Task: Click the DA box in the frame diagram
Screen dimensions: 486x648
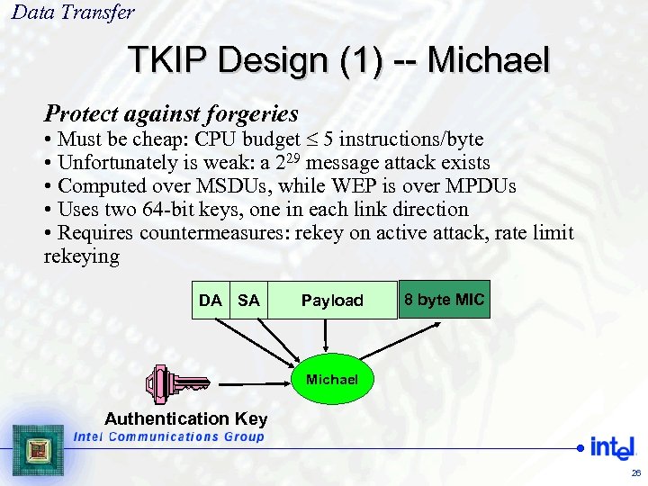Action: pyautogui.click(x=211, y=301)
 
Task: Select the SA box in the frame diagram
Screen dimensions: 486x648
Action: pyautogui.click(x=248, y=301)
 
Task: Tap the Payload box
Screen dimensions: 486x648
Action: pyautogui.click(x=332, y=301)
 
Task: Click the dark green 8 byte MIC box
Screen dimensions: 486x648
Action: pyautogui.click(x=444, y=300)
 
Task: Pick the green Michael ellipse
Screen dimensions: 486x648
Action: pyautogui.click(x=331, y=380)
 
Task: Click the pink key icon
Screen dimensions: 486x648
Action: pyautogui.click(x=175, y=383)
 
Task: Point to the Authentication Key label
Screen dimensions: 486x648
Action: pyautogui.click(x=186, y=418)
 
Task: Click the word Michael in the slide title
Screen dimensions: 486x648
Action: pyautogui.click(x=488, y=60)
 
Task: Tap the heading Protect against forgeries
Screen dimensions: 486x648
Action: pyautogui.click(x=171, y=114)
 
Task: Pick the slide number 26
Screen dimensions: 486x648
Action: pyautogui.click(x=635, y=472)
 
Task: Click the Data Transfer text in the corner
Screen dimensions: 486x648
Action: pyautogui.click(x=73, y=13)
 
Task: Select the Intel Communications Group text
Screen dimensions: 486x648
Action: pyautogui.click(x=169, y=436)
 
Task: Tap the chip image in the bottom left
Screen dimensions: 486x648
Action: pyautogui.click(x=38, y=450)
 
